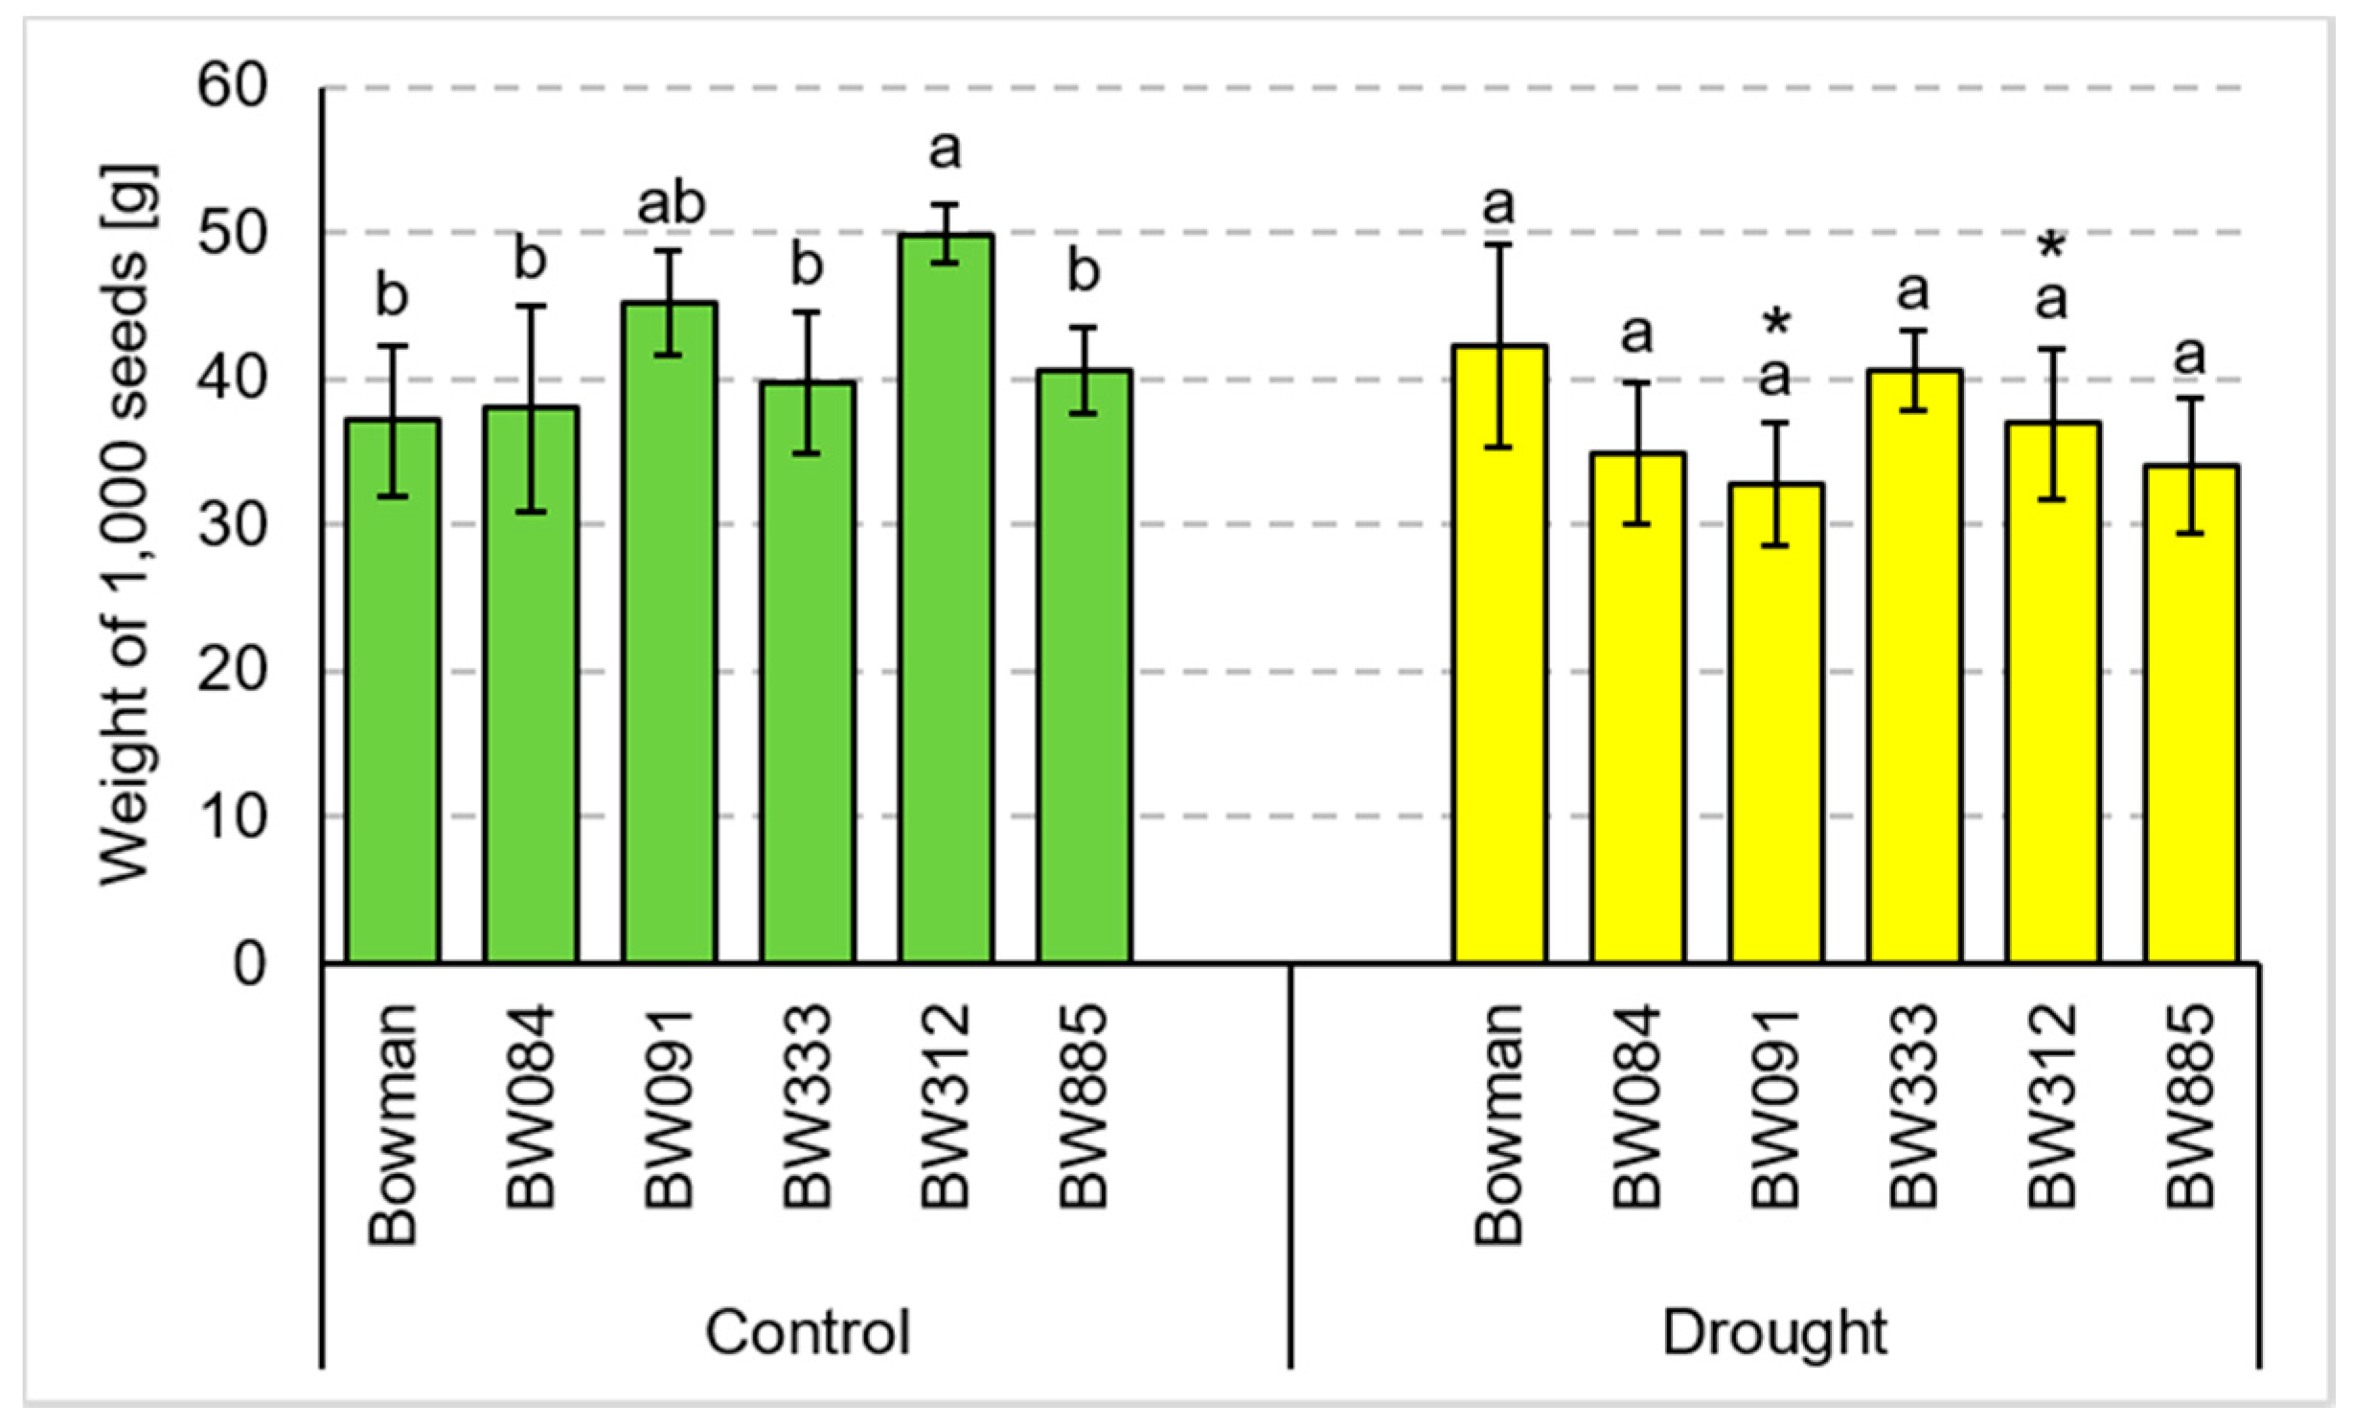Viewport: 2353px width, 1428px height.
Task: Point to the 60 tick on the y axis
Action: tap(231, 87)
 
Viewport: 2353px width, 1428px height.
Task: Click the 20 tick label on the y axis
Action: tap(231, 670)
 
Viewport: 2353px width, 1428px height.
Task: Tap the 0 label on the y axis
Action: tap(248, 963)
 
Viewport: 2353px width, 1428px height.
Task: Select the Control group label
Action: tap(808, 1332)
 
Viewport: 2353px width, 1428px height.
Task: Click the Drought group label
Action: tap(1774, 1332)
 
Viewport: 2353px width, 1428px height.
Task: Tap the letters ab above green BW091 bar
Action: tap(671, 204)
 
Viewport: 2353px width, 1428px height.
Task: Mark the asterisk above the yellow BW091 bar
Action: tap(1775, 324)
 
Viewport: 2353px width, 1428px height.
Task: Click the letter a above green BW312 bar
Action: tap(945, 150)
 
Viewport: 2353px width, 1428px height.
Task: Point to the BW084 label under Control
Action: tap(530, 1107)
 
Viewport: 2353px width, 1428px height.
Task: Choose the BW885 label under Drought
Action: tap(2190, 1107)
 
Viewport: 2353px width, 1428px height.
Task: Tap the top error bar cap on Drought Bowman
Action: tap(1499, 244)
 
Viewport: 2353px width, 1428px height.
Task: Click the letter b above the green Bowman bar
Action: tap(392, 294)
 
